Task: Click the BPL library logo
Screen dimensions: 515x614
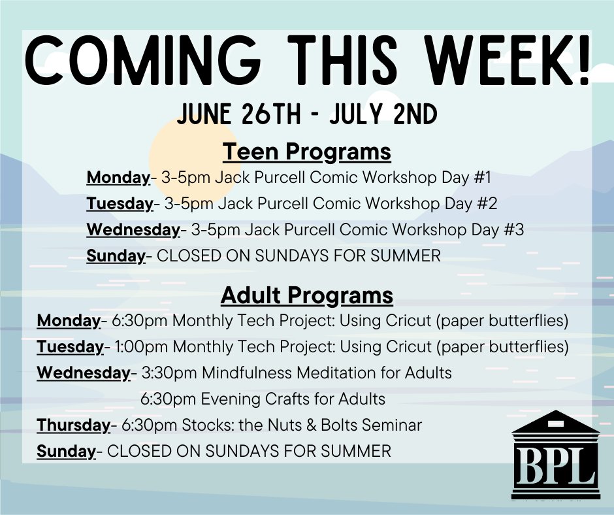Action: (x=555, y=456)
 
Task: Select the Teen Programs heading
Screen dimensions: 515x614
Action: (x=307, y=152)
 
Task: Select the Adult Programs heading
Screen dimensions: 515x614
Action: (x=307, y=295)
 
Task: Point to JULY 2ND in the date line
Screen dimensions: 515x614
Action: (x=391, y=115)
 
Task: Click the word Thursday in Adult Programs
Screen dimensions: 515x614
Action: (x=73, y=425)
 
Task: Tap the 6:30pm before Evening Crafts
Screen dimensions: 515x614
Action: (x=163, y=399)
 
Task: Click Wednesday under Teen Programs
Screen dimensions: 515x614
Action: (x=133, y=230)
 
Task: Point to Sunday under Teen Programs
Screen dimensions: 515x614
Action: (x=115, y=256)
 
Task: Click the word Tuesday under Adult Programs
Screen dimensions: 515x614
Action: (x=69, y=347)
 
